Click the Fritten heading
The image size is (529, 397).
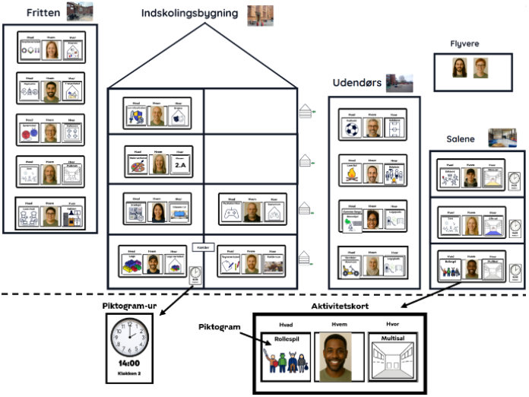(x=43, y=13)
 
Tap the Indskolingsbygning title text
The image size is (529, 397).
(x=189, y=14)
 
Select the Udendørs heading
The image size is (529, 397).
(x=356, y=82)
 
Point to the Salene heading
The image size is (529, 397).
(x=461, y=139)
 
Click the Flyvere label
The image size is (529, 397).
(x=464, y=44)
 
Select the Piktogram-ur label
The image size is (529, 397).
(x=129, y=306)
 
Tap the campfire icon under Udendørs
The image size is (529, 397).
(x=350, y=174)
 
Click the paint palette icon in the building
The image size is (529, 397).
(x=138, y=164)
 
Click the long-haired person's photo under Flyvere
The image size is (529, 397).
(x=460, y=68)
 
